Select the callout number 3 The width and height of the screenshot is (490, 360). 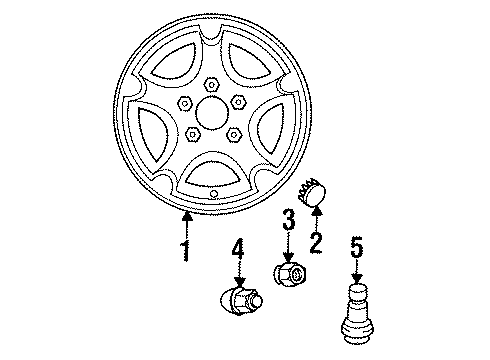(287, 221)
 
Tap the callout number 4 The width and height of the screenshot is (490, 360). (237, 250)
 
